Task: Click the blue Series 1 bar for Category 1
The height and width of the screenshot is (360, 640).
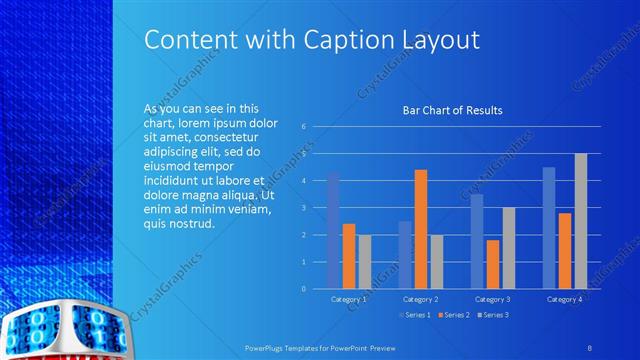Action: tap(333, 230)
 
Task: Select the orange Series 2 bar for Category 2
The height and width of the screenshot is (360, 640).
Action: tap(420, 229)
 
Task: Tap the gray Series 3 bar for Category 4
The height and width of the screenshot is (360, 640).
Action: tap(580, 221)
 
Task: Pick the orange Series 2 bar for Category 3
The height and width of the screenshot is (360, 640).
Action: tap(492, 264)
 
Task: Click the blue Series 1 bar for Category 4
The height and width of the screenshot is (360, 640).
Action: tap(548, 228)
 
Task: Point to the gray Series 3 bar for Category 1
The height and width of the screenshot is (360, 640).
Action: tap(364, 262)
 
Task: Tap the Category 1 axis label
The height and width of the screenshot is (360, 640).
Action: tap(349, 299)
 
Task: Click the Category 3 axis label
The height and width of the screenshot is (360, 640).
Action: tap(492, 299)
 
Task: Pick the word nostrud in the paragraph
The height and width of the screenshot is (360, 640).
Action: tap(194, 223)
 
